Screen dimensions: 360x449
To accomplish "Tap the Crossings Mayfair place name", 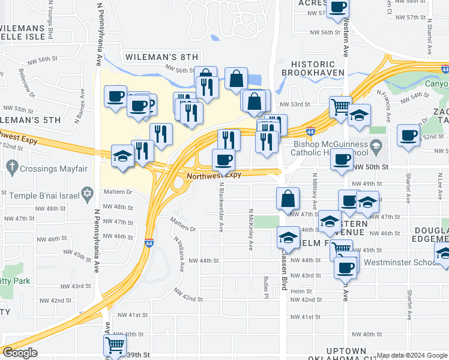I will coord(53,169).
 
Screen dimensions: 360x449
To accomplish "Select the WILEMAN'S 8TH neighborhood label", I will coord(161,57).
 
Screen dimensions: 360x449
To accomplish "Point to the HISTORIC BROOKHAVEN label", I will coord(317,68).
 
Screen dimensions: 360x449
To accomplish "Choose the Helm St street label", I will coord(298,291).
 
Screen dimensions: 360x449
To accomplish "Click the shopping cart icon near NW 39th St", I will coord(115,344).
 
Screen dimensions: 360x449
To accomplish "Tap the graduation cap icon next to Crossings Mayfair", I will coord(122,157).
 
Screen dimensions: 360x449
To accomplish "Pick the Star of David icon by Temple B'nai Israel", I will coord(86,194).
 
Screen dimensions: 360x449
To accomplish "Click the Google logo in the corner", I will coord(20,353).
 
